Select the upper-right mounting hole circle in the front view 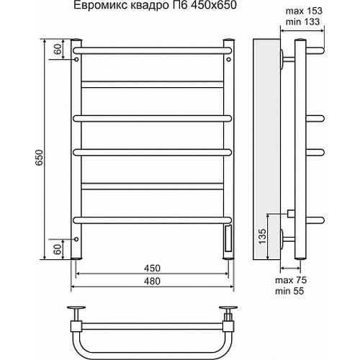[x=229, y=61]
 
